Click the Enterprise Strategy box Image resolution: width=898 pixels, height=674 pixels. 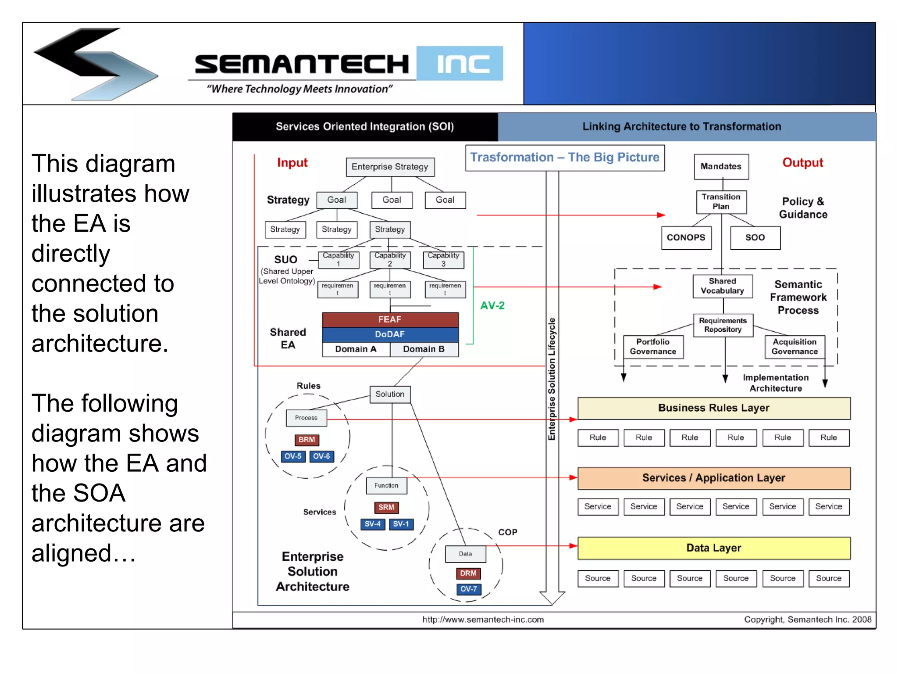(x=390, y=167)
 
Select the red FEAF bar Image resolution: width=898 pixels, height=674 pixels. (x=390, y=319)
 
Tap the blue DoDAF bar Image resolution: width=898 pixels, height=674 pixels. (x=390, y=334)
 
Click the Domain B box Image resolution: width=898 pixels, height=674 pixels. (x=424, y=349)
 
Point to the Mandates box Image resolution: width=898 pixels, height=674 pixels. (x=721, y=167)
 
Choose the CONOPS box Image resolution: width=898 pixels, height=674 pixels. (x=686, y=238)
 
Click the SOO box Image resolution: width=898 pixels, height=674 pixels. (x=755, y=238)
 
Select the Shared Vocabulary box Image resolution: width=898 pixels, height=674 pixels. (x=722, y=286)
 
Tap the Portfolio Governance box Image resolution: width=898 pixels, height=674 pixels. (x=653, y=347)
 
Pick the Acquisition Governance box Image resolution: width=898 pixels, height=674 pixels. (x=794, y=347)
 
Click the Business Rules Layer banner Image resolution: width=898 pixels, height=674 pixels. (x=713, y=408)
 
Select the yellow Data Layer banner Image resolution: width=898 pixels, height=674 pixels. (x=713, y=548)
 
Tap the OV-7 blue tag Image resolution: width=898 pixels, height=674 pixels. (x=468, y=589)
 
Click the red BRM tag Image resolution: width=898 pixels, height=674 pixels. (x=306, y=440)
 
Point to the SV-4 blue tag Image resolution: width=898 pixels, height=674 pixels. (x=372, y=524)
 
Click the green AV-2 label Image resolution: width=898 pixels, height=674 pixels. (x=492, y=305)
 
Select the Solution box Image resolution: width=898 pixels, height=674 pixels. (x=390, y=394)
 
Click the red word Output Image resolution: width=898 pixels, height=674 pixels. (x=802, y=163)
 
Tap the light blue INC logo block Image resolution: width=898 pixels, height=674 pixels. (x=460, y=64)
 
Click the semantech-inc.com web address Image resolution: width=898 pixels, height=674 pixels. (x=483, y=620)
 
